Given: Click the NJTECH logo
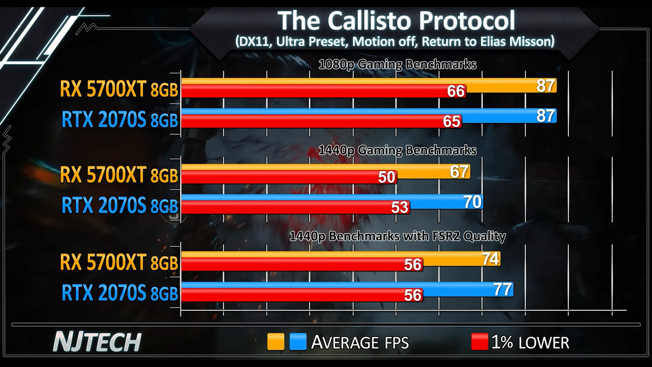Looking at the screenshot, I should [x=97, y=342].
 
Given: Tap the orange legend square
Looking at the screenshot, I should [x=275, y=342].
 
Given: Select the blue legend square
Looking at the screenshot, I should [x=298, y=342].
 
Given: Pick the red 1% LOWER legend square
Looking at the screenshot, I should [x=480, y=342].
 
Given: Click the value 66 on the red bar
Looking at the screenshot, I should [x=456, y=91].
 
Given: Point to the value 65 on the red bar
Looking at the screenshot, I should [x=452, y=121].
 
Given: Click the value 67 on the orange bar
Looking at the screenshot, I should [x=459, y=172].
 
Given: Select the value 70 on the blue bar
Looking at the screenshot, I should [x=472, y=202].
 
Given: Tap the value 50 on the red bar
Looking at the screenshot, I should [x=387, y=177].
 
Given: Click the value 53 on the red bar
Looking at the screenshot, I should [x=400, y=207].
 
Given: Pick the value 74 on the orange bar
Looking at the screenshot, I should [x=491, y=259].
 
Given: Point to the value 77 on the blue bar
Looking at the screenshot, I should [x=502, y=290].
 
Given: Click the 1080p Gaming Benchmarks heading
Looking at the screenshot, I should [x=397, y=64].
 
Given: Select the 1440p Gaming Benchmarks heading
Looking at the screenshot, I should [x=397, y=150].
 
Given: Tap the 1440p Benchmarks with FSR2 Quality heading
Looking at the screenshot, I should [x=397, y=236].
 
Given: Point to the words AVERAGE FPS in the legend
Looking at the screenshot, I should [x=360, y=343].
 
